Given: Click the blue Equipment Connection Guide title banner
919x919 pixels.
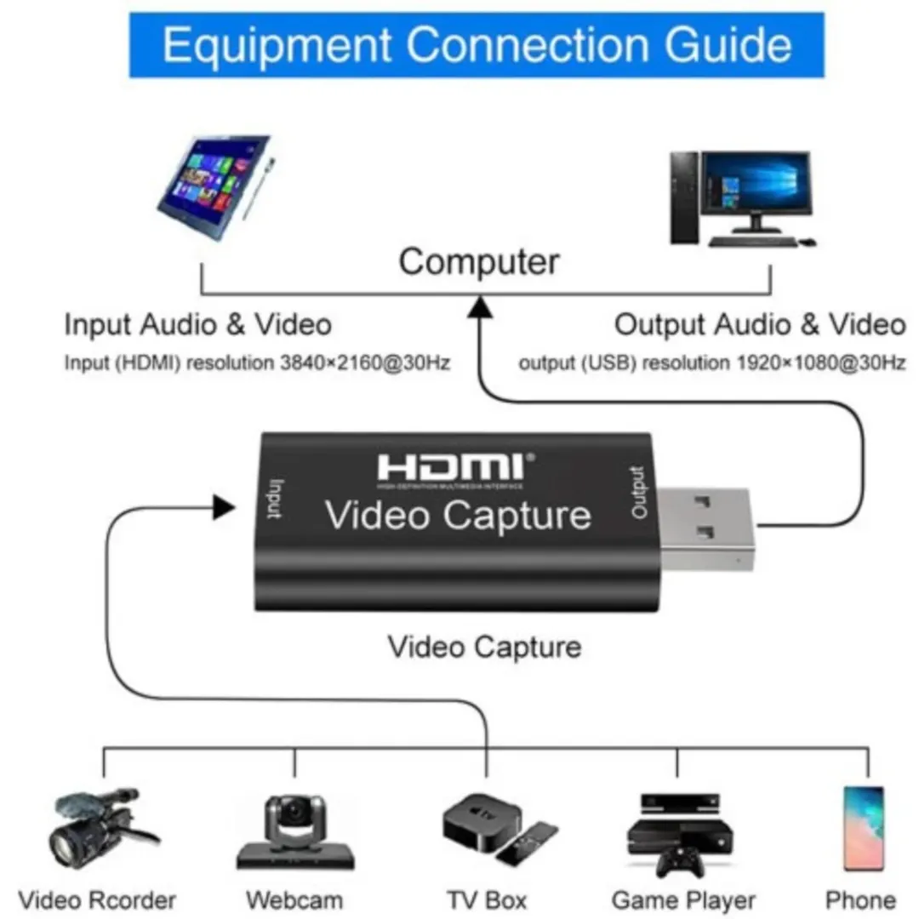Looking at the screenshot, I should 477,44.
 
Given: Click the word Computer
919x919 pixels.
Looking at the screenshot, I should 479,261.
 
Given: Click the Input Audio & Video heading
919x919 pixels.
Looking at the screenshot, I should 197,324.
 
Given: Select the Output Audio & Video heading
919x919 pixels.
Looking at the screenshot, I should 759,324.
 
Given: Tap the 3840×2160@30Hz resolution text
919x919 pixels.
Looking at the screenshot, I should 365,363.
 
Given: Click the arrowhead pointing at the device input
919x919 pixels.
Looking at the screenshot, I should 224,508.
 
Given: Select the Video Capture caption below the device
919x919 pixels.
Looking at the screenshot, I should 484,647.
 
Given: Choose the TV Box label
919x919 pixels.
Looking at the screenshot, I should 487,899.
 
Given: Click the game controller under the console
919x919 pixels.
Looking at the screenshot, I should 678,862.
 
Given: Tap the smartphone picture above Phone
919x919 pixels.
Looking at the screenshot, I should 864,827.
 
